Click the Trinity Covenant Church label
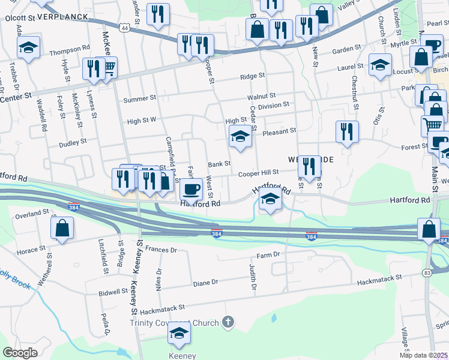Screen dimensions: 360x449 [173, 323]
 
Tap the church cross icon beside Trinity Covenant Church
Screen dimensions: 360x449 [228, 322]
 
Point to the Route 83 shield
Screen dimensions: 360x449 [427, 273]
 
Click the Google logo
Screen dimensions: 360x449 [20, 353]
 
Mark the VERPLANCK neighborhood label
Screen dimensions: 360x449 [63, 17]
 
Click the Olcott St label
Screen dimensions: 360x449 [20, 18]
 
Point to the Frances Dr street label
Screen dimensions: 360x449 [161, 249]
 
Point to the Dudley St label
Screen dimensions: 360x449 [73, 142]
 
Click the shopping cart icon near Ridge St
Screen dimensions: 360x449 [108, 67]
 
